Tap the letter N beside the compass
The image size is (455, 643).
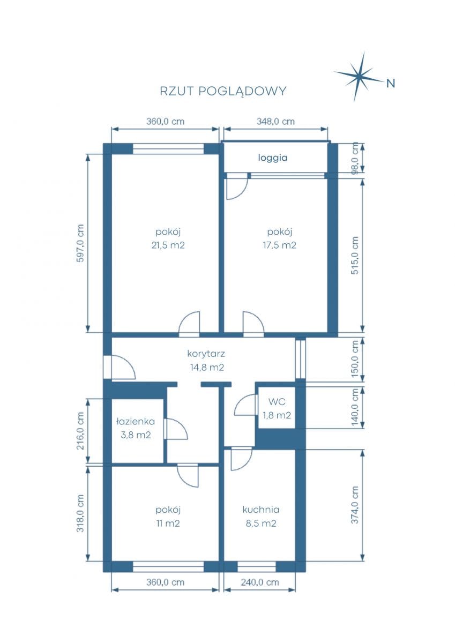click(x=391, y=83)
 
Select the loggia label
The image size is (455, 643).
click(x=272, y=158)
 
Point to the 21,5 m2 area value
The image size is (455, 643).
click(x=168, y=245)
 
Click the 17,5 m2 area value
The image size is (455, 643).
click(x=279, y=245)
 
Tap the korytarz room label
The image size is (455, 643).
click(x=206, y=354)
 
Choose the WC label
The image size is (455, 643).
click(x=277, y=402)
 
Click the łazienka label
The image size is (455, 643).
click(x=136, y=421)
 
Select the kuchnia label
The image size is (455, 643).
click(x=261, y=510)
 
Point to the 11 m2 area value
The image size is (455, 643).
click(x=168, y=524)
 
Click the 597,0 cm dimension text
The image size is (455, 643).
click(x=81, y=243)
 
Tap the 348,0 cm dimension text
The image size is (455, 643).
click(x=275, y=122)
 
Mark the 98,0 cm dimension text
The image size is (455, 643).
click(x=355, y=158)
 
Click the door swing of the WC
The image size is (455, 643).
click(x=244, y=405)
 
